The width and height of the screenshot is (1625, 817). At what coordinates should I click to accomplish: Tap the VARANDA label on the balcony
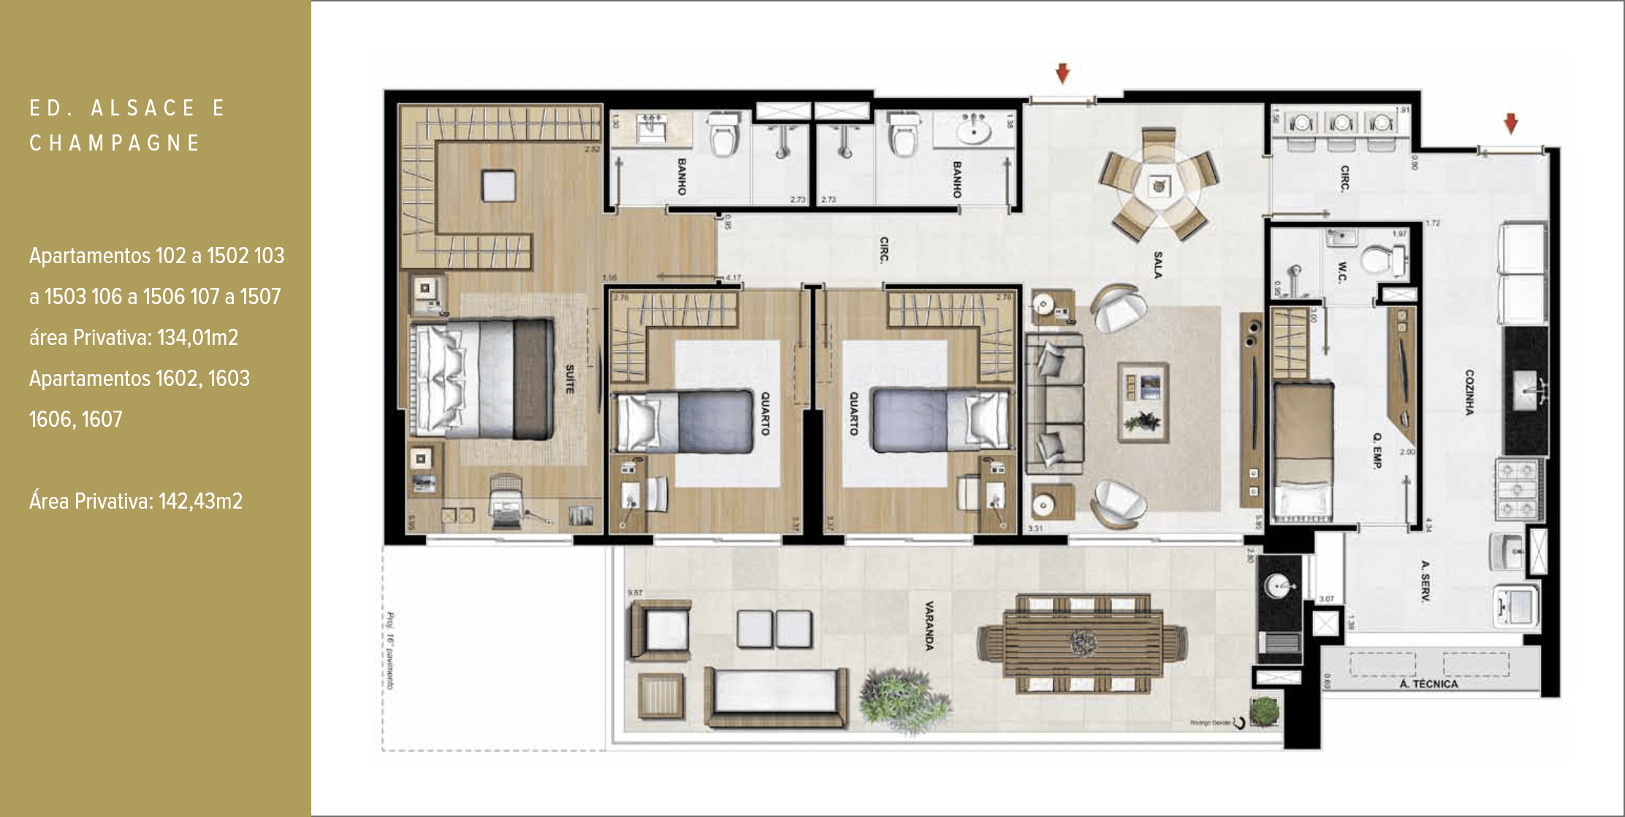pos(929,626)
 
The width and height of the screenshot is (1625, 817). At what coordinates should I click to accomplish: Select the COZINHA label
pos(1469,392)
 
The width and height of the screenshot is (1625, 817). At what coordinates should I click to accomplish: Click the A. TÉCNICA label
pos(1428,684)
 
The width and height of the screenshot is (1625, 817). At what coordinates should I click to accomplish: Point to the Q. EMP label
pos(1377,450)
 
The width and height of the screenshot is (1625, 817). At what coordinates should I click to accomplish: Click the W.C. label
pos(1343,272)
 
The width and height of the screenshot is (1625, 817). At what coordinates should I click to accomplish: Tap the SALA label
pos(1157,265)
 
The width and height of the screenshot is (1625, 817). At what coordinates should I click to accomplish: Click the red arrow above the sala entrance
pos(1063,73)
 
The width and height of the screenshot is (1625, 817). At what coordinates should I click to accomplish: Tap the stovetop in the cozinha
pos(1518,489)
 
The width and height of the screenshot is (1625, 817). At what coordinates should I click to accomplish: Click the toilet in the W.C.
pos(1381,259)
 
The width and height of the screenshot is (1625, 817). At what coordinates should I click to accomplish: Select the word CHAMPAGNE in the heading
pos(115,143)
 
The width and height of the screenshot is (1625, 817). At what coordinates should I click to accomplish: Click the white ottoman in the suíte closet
pos(498,186)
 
